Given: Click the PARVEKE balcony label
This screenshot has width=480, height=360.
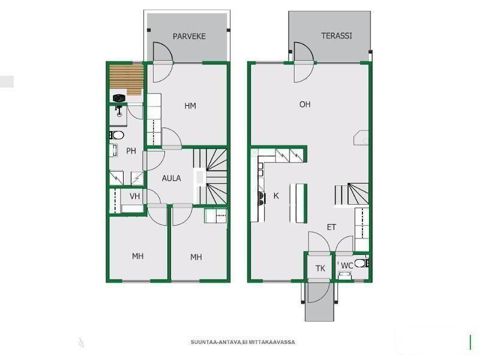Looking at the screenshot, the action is [189, 37].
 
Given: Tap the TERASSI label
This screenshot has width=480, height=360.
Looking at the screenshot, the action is [337, 36].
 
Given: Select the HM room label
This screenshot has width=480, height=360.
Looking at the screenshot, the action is [190, 106].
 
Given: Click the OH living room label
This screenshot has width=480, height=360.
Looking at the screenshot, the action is [305, 104].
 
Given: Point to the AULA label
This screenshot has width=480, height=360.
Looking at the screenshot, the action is [172, 178].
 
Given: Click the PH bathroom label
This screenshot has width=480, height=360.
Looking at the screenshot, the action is [131, 151].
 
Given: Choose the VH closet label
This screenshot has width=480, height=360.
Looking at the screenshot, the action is [134, 196].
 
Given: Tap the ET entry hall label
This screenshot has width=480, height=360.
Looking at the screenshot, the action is [332, 227].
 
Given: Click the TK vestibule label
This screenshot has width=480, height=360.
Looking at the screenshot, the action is [320, 268].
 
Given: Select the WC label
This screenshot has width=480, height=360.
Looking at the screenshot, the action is [347, 266].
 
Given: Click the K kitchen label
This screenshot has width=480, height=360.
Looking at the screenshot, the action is [276, 196].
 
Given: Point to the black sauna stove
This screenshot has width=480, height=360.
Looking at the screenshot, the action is [119, 98].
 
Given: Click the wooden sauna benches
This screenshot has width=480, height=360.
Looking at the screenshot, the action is [127, 80].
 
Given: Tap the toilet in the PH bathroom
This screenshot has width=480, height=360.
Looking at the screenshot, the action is [116, 135].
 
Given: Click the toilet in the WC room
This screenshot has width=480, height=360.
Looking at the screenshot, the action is [362, 263].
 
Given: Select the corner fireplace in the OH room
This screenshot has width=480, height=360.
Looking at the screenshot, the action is [361, 137].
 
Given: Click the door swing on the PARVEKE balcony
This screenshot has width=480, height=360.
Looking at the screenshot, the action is [163, 52].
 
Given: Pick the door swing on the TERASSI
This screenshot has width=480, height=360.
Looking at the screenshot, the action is [304, 52].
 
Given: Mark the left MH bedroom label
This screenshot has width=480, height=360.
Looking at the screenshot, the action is [138, 256].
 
